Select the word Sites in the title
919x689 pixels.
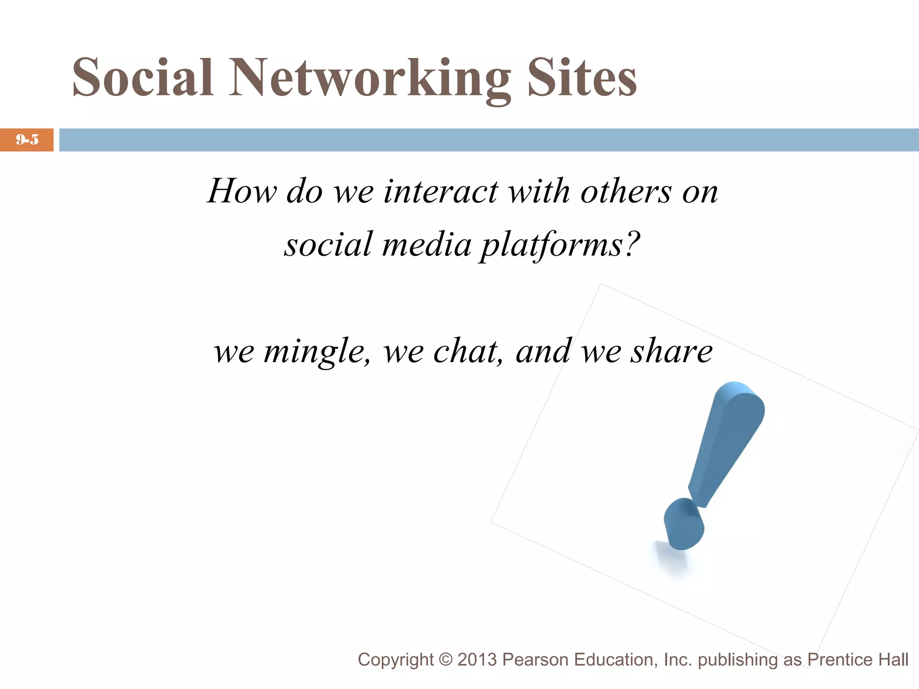pos(582,78)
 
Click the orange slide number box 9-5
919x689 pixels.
pos(27,140)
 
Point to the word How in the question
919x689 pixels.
pos(242,191)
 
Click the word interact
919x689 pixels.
pos(440,192)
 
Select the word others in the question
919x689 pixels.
pos(626,192)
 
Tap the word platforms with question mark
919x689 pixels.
pos(560,245)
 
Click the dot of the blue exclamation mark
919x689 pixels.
pos(683,524)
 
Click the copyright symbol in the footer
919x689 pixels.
pos(446,660)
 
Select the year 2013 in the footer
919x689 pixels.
pos(477,660)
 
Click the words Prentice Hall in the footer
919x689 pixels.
pos(858,660)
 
